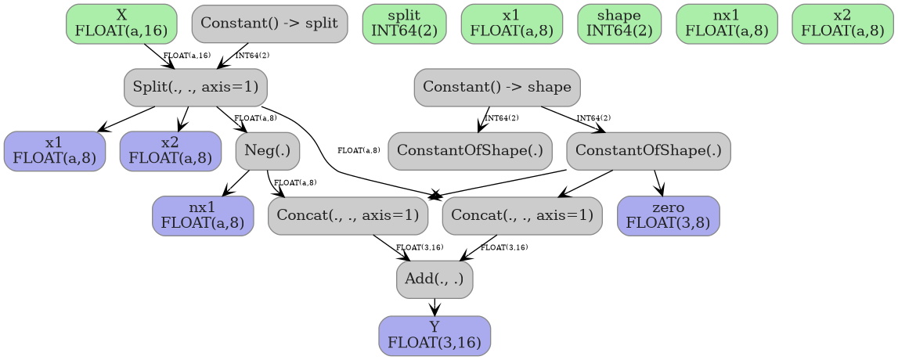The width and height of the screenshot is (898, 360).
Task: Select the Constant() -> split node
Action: [269, 23]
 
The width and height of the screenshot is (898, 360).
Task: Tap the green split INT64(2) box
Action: [404, 23]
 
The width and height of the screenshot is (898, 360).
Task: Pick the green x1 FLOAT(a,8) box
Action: [511, 23]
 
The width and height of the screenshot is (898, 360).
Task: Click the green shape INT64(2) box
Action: [619, 23]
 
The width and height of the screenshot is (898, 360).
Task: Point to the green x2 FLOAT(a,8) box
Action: [842, 23]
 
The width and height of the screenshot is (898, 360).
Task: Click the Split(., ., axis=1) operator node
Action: [195, 87]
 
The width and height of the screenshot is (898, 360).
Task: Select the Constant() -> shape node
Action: [497, 87]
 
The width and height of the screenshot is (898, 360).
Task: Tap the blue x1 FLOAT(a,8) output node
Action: [54, 150]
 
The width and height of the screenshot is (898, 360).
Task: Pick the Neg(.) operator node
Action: [267, 150]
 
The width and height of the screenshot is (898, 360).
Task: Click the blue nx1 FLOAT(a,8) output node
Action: [203, 215]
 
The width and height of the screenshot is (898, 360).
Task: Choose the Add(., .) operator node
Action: [435, 279]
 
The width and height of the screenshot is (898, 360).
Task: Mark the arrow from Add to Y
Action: [435, 307]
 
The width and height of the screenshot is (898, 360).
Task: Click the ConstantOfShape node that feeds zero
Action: [648, 150]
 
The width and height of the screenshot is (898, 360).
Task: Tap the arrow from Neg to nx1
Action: [237, 183]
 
